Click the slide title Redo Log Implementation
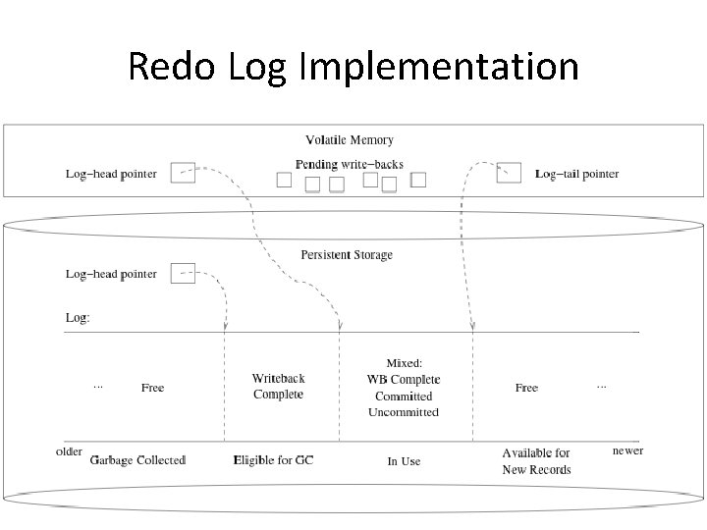(353, 67)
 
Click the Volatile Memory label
(350, 140)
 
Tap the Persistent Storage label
(347, 255)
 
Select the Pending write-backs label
(349, 164)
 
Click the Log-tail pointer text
(576, 174)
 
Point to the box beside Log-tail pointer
(509, 173)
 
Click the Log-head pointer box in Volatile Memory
(183, 173)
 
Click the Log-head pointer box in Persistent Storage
(183, 273)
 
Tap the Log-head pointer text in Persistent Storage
(111, 274)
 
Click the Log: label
(78, 318)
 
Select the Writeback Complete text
(278, 386)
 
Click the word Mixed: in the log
(404, 363)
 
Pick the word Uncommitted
(404, 412)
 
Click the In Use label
(404, 460)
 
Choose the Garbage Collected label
(137, 459)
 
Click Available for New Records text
(536, 461)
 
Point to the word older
(69, 451)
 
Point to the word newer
(627, 450)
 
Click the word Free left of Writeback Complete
(152, 388)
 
